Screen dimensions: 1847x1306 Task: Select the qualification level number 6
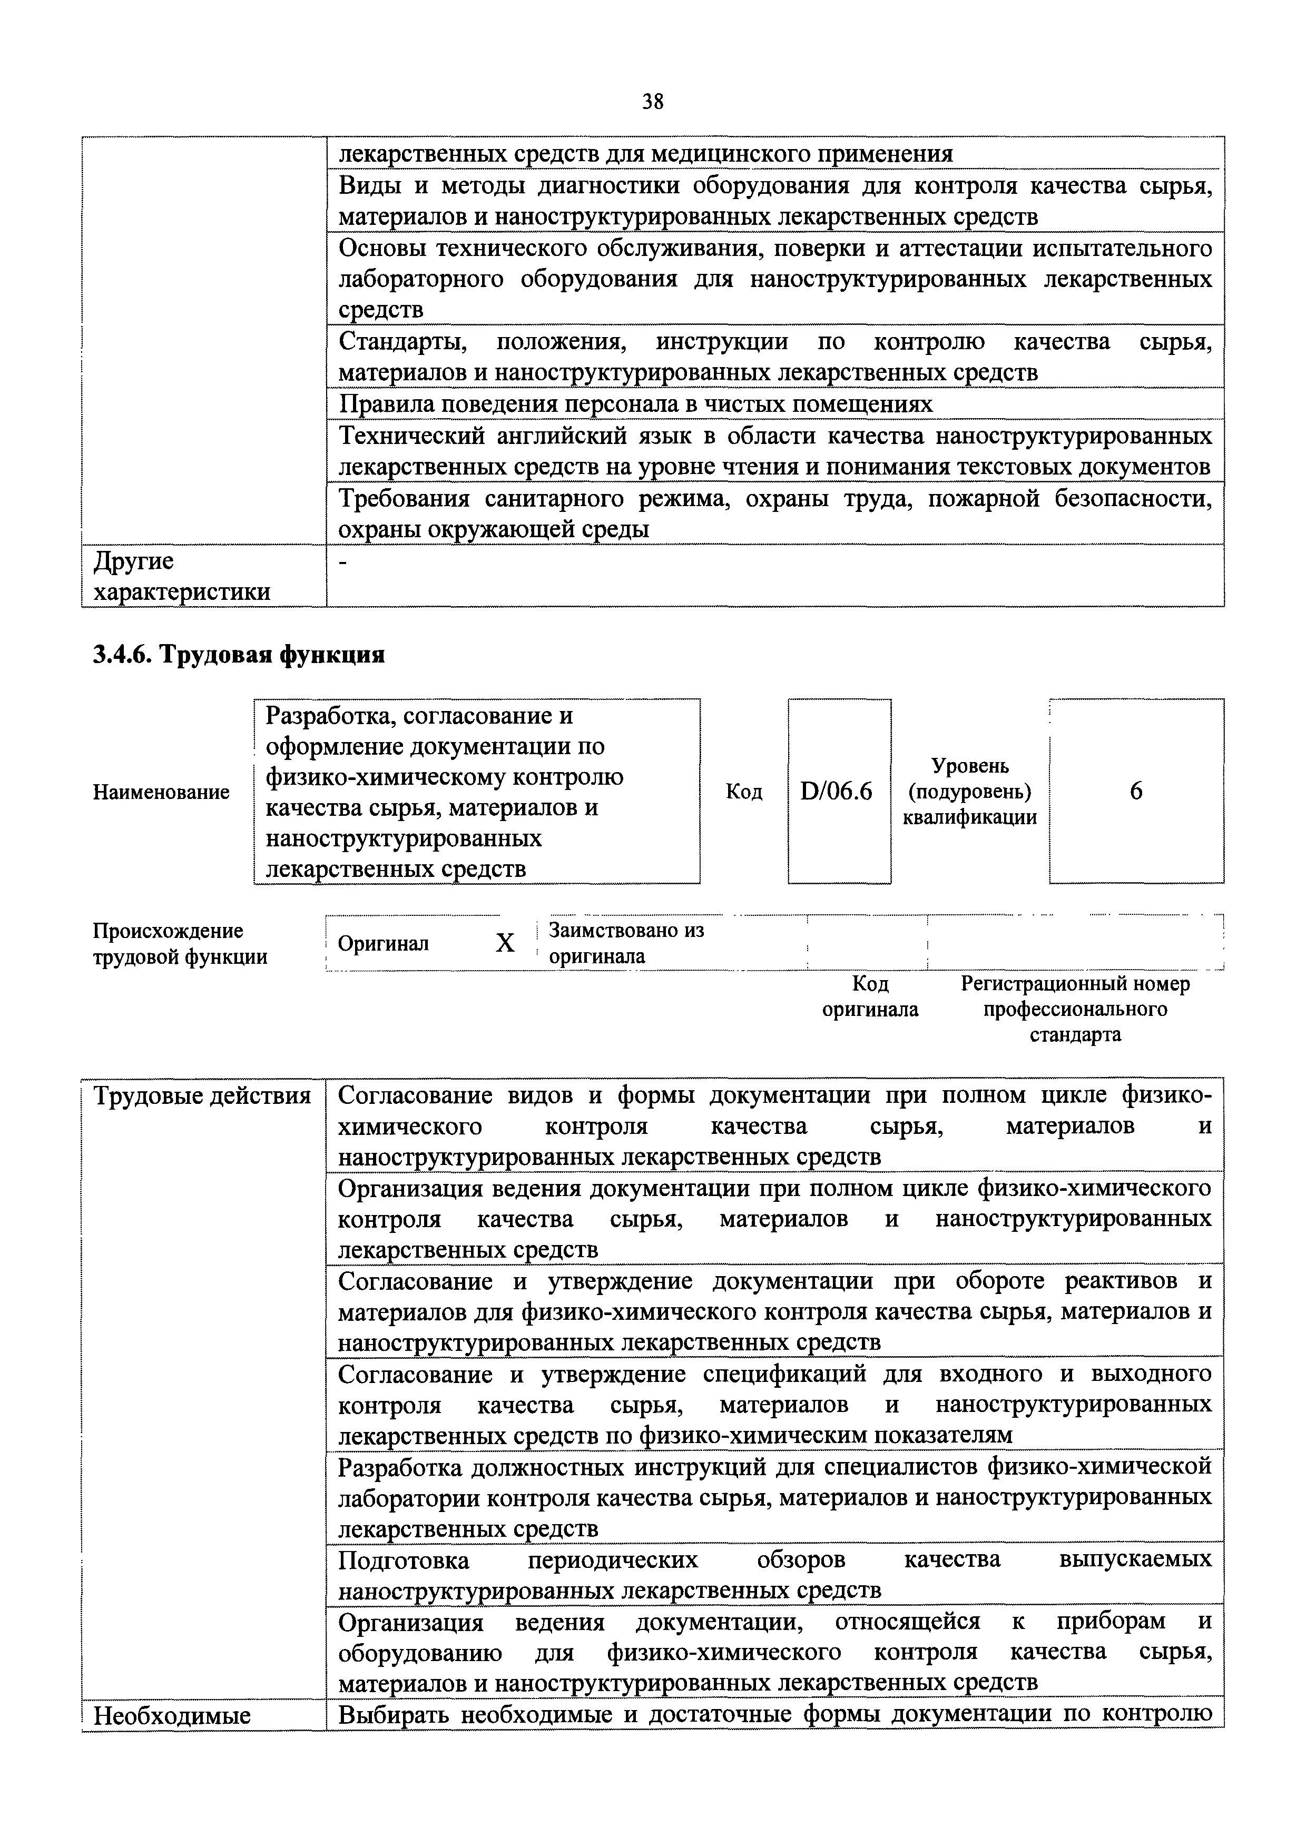[1135, 792]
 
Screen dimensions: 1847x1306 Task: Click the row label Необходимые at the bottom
[172, 1716]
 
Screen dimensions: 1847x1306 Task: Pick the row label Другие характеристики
[182, 577]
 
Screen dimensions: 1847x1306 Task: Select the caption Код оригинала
[870, 996]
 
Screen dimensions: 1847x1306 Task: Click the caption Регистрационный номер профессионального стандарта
[1075, 1009]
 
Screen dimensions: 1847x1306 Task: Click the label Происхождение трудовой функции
[180, 944]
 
